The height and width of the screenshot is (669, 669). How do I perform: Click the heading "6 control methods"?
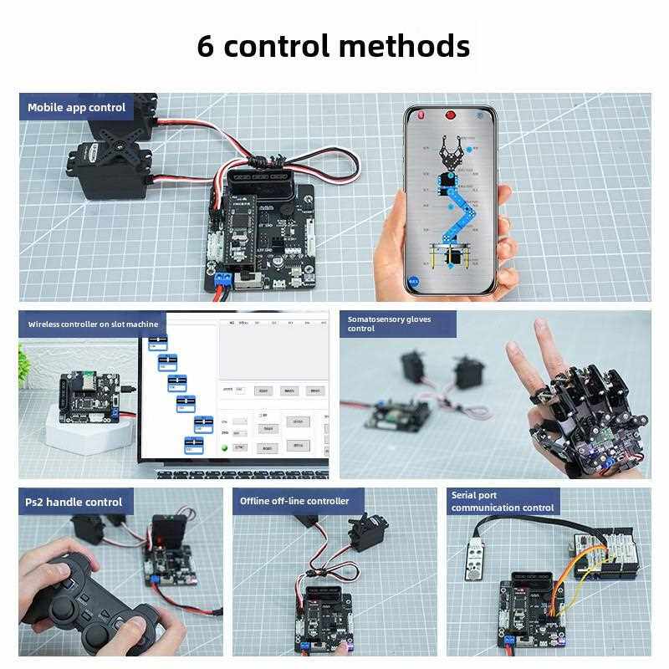tap(333, 45)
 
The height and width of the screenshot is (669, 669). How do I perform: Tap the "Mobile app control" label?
tap(76, 107)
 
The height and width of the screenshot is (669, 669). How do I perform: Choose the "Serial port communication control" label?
tap(502, 501)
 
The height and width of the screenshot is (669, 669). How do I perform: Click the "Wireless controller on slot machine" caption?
tap(93, 324)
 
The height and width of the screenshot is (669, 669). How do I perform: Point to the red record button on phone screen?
tap(451, 115)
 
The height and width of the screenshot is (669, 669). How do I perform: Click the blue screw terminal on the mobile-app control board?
tap(222, 278)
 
